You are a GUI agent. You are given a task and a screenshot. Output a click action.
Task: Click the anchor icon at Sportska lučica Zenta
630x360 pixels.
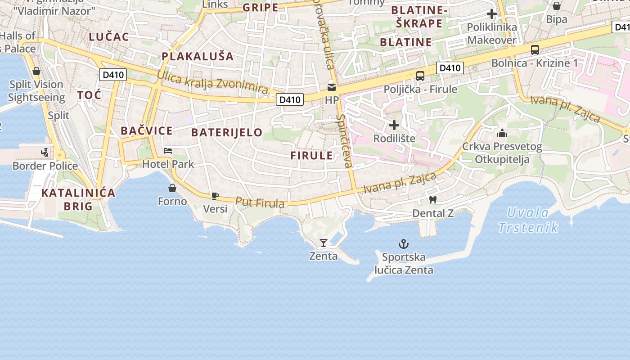click(404, 244)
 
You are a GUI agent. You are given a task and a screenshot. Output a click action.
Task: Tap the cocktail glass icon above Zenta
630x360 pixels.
click(323, 243)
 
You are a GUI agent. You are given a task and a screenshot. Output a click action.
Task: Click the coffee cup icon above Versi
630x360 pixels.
click(215, 196)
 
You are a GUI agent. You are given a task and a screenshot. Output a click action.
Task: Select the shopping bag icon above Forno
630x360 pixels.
click(172, 188)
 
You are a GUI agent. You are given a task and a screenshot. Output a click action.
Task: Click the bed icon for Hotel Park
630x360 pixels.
click(168, 151)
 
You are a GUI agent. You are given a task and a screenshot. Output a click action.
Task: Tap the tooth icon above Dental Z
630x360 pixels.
click(433, 199)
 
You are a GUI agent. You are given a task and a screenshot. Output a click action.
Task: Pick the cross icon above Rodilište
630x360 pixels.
click(394, 125)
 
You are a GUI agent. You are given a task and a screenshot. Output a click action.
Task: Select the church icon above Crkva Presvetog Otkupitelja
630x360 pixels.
click(502, 133)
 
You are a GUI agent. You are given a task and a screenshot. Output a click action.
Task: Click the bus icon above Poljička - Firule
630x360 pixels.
click(420, 76)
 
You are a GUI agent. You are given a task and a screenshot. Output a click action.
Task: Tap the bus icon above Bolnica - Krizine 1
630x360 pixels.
click(535, 49)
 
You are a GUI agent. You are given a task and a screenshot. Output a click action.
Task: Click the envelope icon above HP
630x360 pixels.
click(332, 87)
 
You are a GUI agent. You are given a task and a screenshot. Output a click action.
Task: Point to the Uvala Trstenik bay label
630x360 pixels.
click(528, 220)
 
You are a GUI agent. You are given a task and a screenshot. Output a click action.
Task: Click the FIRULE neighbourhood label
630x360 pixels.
click(311, 156)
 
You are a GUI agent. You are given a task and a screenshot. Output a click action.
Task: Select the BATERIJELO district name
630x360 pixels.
click(227, 132)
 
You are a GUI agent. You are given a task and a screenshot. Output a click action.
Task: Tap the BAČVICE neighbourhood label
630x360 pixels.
click(147, 131)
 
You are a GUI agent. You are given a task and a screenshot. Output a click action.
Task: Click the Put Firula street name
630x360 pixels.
click(260, 202)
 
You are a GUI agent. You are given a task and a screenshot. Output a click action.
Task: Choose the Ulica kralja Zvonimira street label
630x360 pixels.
click(212, 81)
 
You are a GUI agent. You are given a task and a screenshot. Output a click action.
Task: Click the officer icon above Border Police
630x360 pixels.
click(45, 153)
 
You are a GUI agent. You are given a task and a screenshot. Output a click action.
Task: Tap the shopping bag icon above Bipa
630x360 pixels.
click(556, 6)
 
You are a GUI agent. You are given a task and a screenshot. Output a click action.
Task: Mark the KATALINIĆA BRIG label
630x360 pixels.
click(78, 199)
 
